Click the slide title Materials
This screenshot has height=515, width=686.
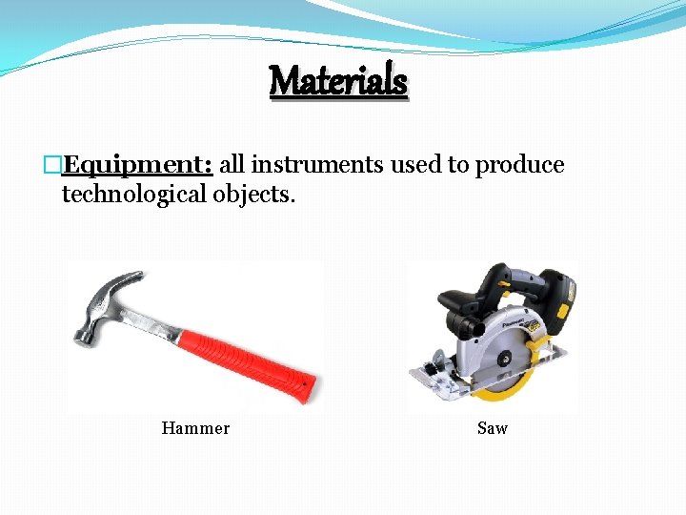click(x=338, y=80)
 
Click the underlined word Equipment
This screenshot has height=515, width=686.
click(x=136, y=165)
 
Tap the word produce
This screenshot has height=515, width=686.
click(x=519, y=165)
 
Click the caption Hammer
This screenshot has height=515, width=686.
click(x=195, y=428)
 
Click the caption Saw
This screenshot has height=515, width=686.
click(x=493, y=428)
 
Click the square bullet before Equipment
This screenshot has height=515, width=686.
click(x=53, y=166)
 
